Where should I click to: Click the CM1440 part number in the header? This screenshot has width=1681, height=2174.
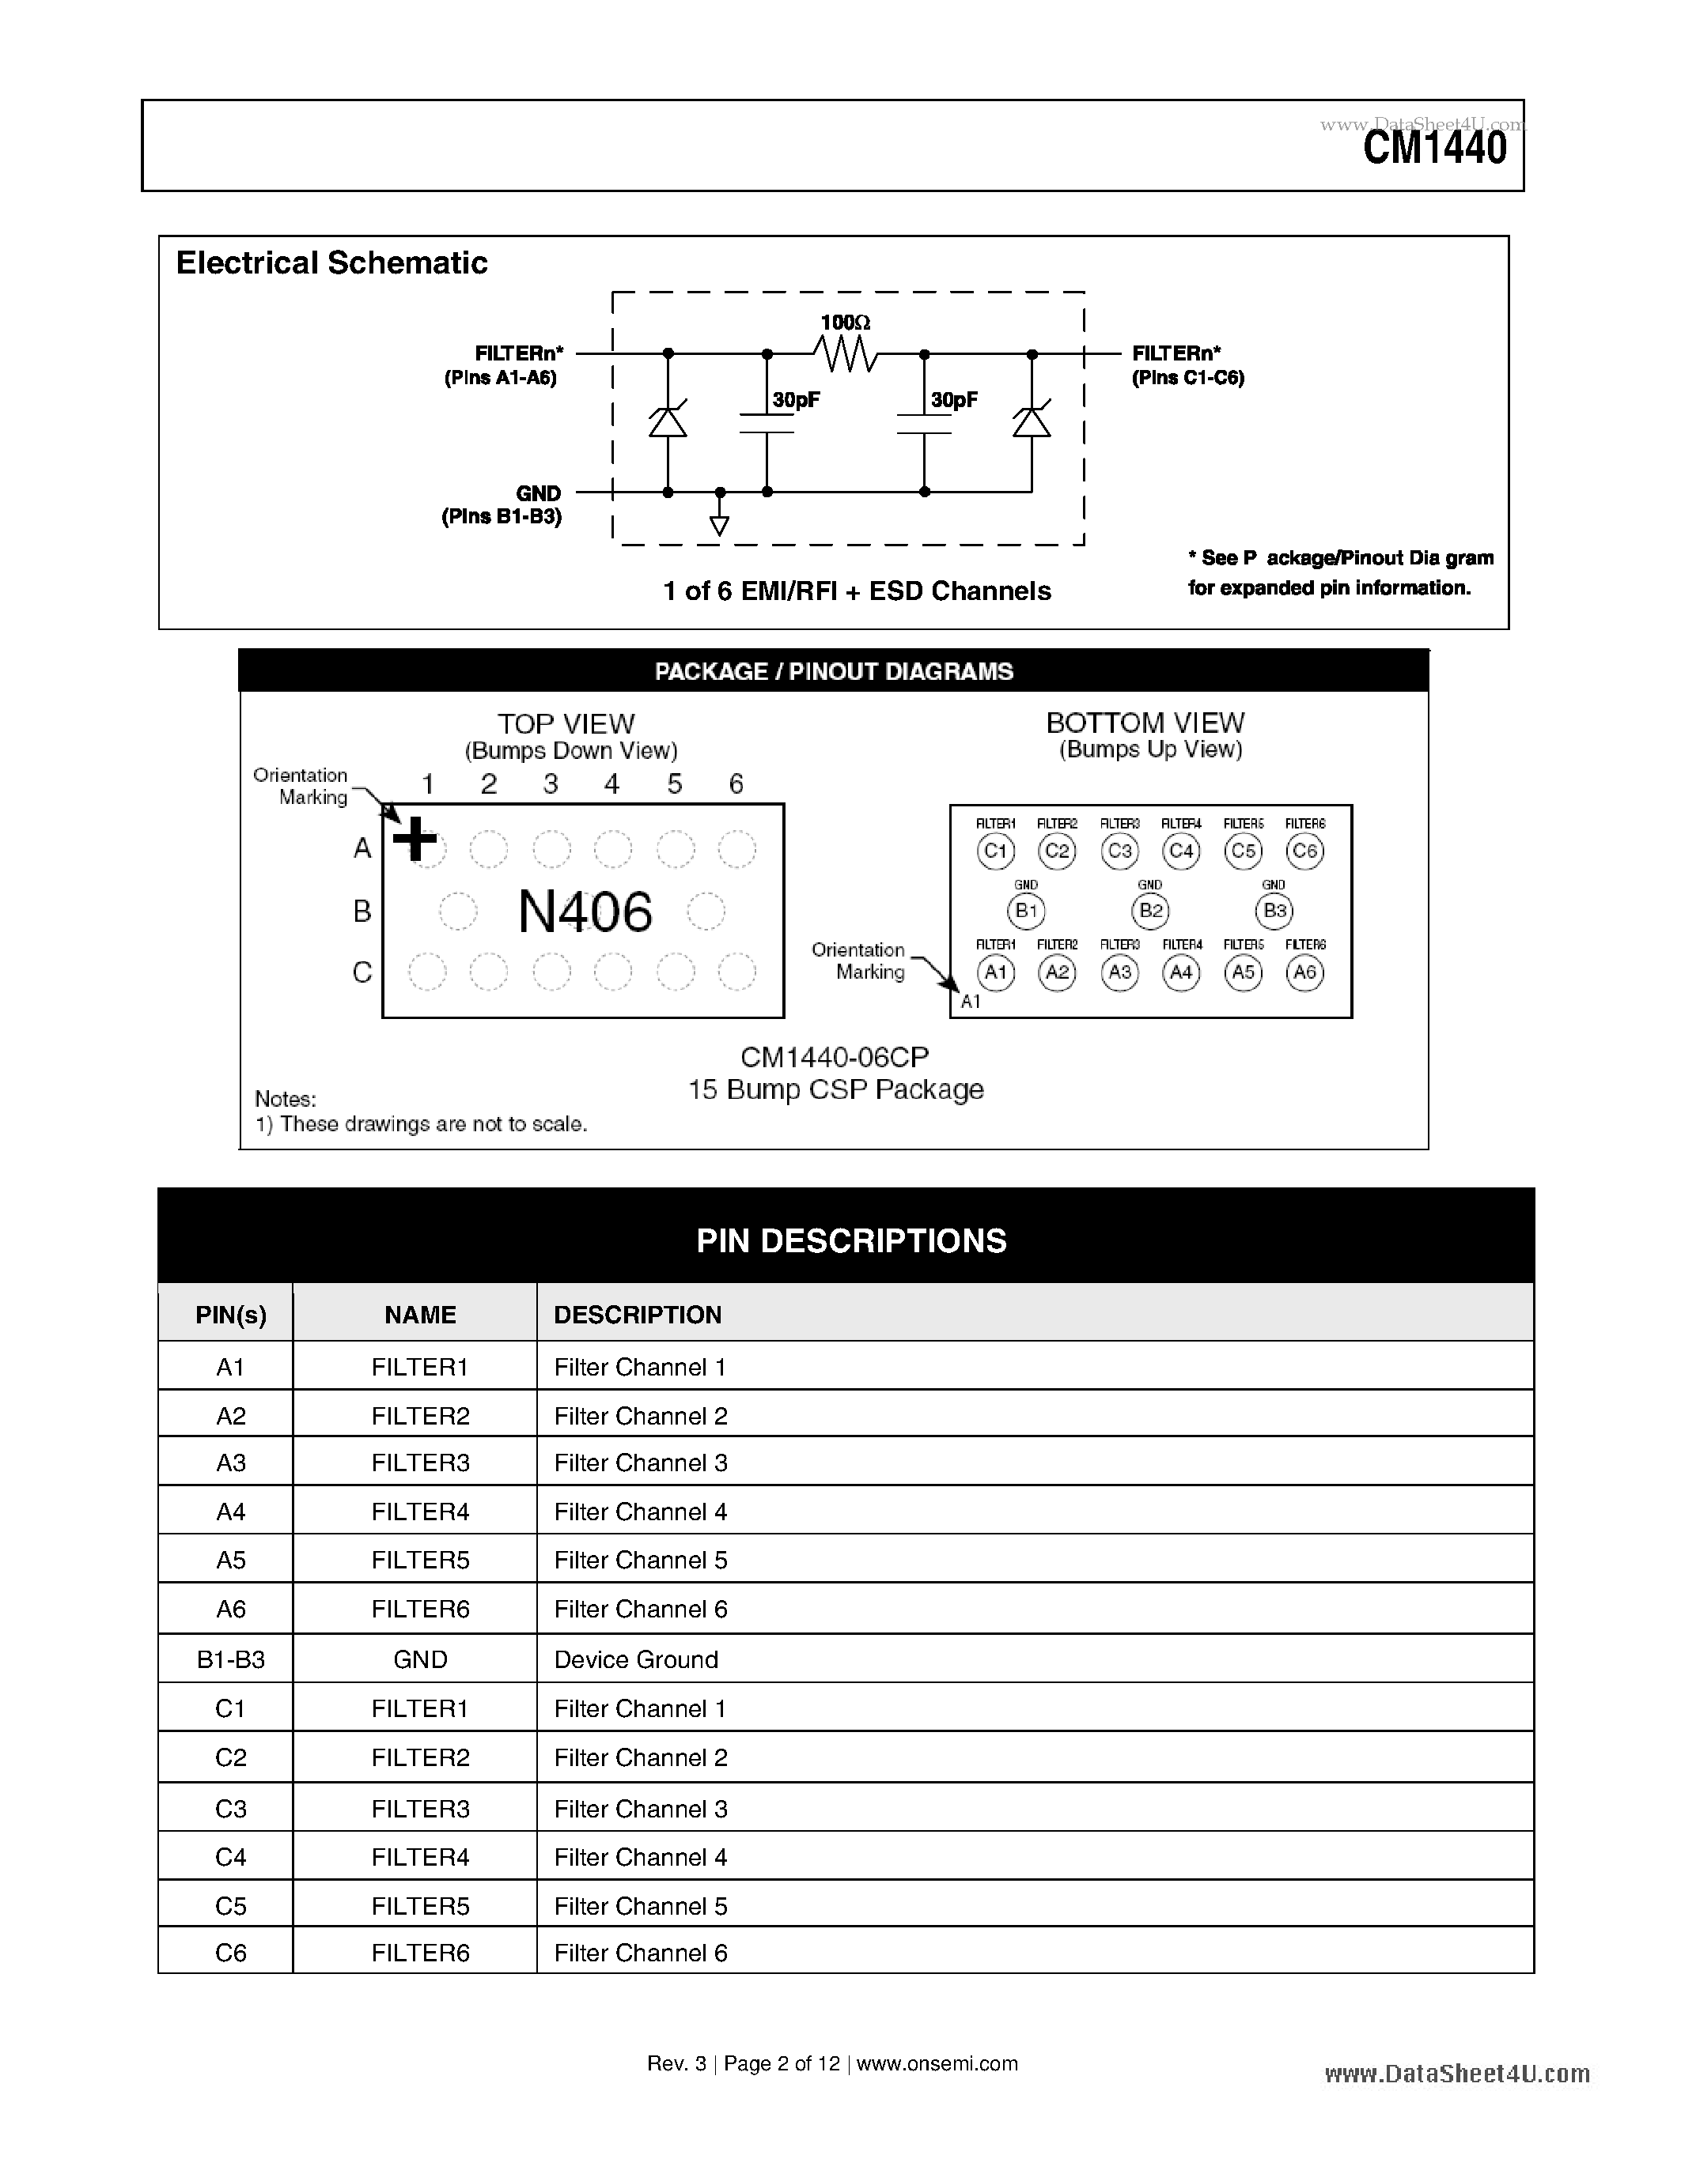(x=1434, y=149)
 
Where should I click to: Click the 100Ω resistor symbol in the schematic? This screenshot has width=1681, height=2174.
(x=846, y=353)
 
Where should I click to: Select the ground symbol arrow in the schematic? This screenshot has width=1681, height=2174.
(x=719, y=526)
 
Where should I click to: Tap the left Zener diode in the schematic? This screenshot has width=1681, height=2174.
(x=667, y=422)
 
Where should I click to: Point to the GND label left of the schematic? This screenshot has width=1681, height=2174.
(x=538, y=494)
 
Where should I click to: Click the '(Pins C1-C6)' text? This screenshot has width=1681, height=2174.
(x=1188, y=378)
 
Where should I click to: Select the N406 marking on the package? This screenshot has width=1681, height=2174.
(x=585, y=911)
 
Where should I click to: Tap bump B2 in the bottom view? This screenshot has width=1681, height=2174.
(x=1150, y=911)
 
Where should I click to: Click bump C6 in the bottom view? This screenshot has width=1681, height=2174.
(x=1304, y=851)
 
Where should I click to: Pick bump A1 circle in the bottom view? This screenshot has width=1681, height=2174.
(x=996, y=972)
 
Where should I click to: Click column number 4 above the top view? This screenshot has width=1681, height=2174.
(x=611, y=784)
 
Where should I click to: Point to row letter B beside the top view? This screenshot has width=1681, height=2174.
(x=362, y=911)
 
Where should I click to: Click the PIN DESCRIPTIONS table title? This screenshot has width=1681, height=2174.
(x=850, y=1240)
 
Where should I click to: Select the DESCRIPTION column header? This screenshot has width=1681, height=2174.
(x=638, y=1315)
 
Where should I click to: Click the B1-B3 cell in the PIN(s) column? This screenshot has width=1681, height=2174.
(x=230, y=1659)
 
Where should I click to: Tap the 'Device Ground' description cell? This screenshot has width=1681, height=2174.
(x=635, y=1659)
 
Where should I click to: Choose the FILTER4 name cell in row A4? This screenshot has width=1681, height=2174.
(x=419, y=1512)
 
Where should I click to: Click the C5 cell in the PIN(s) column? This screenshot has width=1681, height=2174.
(x=230, y=1905)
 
